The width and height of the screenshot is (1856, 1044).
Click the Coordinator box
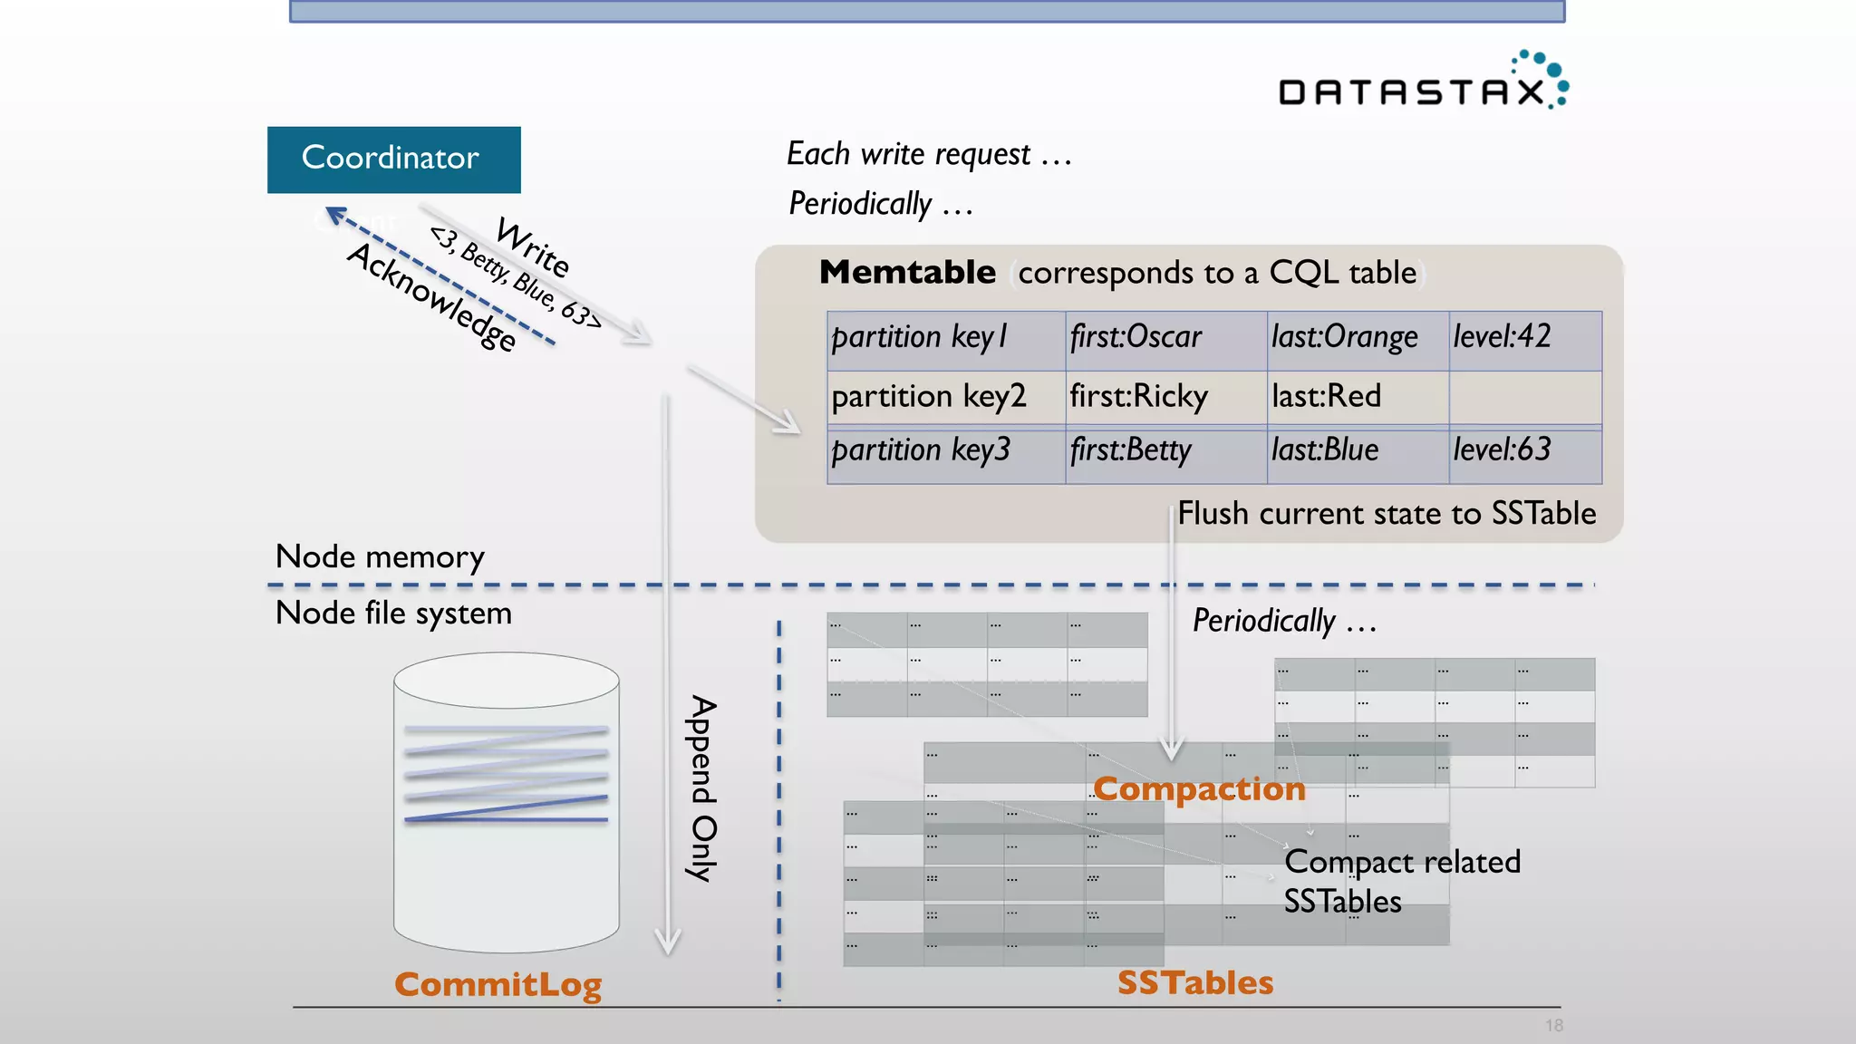tap(393, 159)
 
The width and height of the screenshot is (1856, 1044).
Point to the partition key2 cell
tap(928, 396)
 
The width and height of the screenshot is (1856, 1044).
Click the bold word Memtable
tap(907, 272)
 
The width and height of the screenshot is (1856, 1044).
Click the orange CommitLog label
tap(498, 984)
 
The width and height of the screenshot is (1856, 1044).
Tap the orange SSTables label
tap(1194, 982)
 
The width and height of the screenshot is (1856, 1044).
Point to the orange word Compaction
tap(1199, 788)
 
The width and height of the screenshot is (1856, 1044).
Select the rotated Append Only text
tap(703, 788)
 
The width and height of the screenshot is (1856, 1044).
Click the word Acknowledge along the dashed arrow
tap(432, 297)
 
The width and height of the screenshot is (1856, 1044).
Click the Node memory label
tap(380, 556)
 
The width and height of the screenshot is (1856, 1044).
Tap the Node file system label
tap(393, 614)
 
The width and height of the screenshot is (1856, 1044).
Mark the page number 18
tap(1554, 1025)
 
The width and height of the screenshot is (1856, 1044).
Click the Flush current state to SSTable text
tap(1387, 514)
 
